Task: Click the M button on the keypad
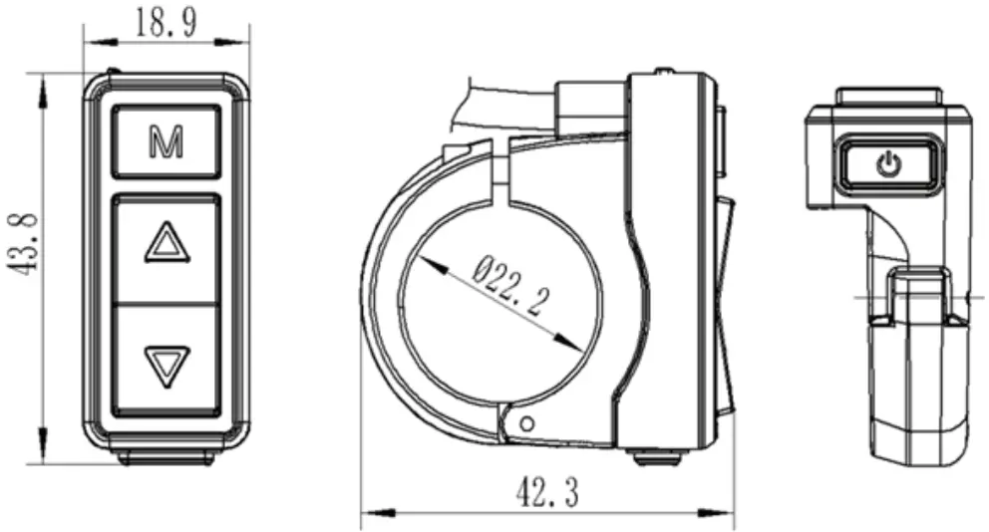pos(165,143)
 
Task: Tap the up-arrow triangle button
pos(165,244)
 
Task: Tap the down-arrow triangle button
pos(165,363)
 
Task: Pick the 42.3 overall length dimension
pos(546,491)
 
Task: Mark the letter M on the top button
pos(165,143)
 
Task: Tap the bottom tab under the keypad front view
pos(165,458)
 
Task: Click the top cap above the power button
pos(886,98)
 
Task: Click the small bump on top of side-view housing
pos(661,73)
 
